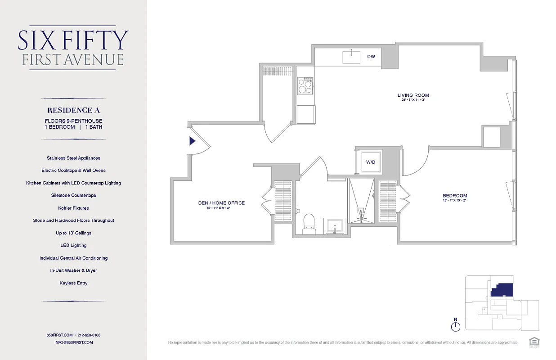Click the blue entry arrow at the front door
[192, 141]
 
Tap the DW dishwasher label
[371, 57]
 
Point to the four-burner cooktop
[305, 85]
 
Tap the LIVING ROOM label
[413, 95]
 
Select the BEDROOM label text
[455, 196]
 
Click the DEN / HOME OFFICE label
[221, 203]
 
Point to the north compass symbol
[456, 326]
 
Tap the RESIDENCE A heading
[73, 110]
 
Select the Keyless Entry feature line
[73, 283]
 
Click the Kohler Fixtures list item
[73, 208]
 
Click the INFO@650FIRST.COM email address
[73, 342]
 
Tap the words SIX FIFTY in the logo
[73, 40]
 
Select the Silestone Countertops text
[73, 195]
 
